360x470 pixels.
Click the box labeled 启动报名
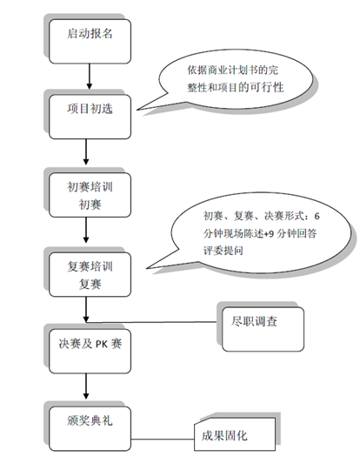pos(90,42)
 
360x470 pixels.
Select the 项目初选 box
pos(90,117)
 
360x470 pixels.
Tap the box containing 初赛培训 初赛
pos(90,195)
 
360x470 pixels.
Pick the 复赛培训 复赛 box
pos(90,274)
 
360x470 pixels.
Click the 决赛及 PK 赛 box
pos(90,352)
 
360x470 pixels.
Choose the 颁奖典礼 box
pos(90,428)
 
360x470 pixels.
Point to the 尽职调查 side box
pos(263,329)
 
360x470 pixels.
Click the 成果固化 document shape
pos(235,434)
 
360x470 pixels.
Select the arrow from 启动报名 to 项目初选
pos(90,77)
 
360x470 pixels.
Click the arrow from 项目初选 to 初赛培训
pos(86,152)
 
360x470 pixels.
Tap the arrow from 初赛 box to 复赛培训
pos(86,230)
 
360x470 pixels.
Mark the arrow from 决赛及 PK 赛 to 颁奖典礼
pos(86,386)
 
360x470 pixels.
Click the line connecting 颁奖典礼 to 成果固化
pos(163,440)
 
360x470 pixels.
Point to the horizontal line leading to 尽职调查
pos(151,322)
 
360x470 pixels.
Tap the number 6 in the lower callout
pos(317,216)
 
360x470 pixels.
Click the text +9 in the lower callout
pos(269,233)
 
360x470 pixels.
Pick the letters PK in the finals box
pos(101,345)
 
